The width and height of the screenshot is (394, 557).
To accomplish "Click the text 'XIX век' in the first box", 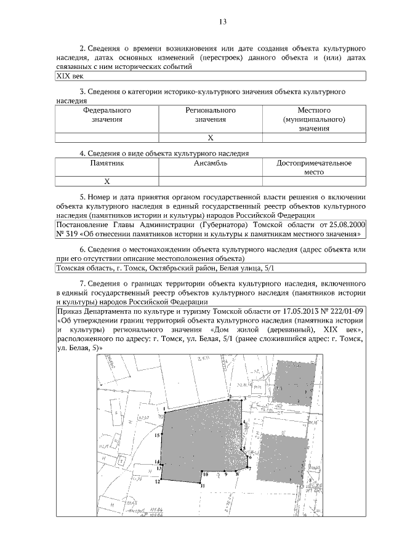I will coord(68,76).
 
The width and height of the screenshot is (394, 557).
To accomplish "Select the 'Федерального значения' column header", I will coord(107,114).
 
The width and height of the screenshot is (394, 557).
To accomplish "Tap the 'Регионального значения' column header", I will coord(211,114).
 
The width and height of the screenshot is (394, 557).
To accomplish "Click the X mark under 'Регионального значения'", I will coord(211,137).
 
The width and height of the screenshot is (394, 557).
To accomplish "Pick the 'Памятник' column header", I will coord(107,163).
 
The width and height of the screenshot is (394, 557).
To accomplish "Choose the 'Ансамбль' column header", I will coord(211,163).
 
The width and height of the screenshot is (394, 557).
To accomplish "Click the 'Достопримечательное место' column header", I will coord(314,167).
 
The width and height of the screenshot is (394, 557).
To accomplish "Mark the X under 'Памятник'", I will coord(107,182).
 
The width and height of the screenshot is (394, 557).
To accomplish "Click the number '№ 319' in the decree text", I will coord(68,234).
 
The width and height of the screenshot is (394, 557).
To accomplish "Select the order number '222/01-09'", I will coord(345,311).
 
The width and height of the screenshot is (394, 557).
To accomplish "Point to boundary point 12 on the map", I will coord(158,481).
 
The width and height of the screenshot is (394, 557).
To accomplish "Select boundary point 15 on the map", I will coord(158,435).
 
